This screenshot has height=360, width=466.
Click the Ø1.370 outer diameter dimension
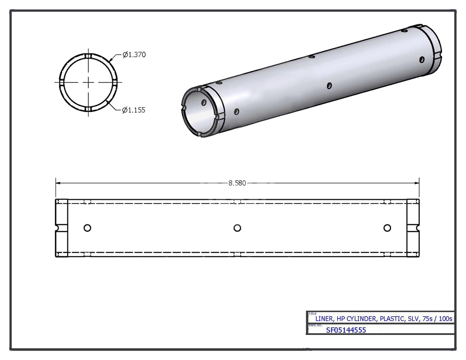click(134, 55)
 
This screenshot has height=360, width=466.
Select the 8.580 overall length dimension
click(237, 183)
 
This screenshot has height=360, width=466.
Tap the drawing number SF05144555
click(346, 330)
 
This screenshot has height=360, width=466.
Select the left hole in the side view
click(87, 228)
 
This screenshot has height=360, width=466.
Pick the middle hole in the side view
click(237, 228)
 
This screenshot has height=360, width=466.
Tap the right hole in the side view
click(387, 228)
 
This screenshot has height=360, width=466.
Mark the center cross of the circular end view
click(88, 82)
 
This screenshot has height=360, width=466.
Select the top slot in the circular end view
click(88, 56)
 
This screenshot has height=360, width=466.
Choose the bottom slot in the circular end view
click(88, 109)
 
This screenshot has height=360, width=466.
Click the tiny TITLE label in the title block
click(312, 314)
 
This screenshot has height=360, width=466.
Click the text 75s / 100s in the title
click(437, 319)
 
